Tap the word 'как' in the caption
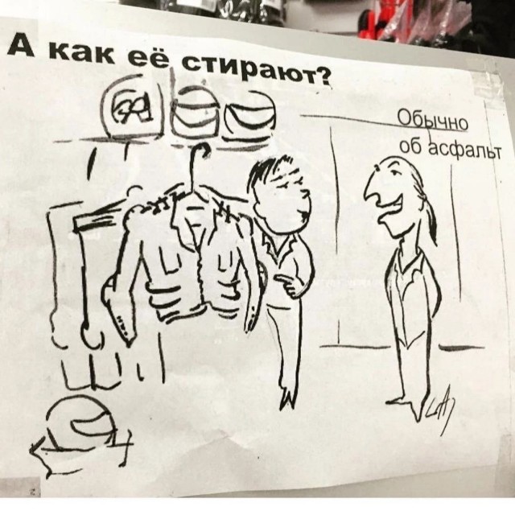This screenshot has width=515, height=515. [90, 53]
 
